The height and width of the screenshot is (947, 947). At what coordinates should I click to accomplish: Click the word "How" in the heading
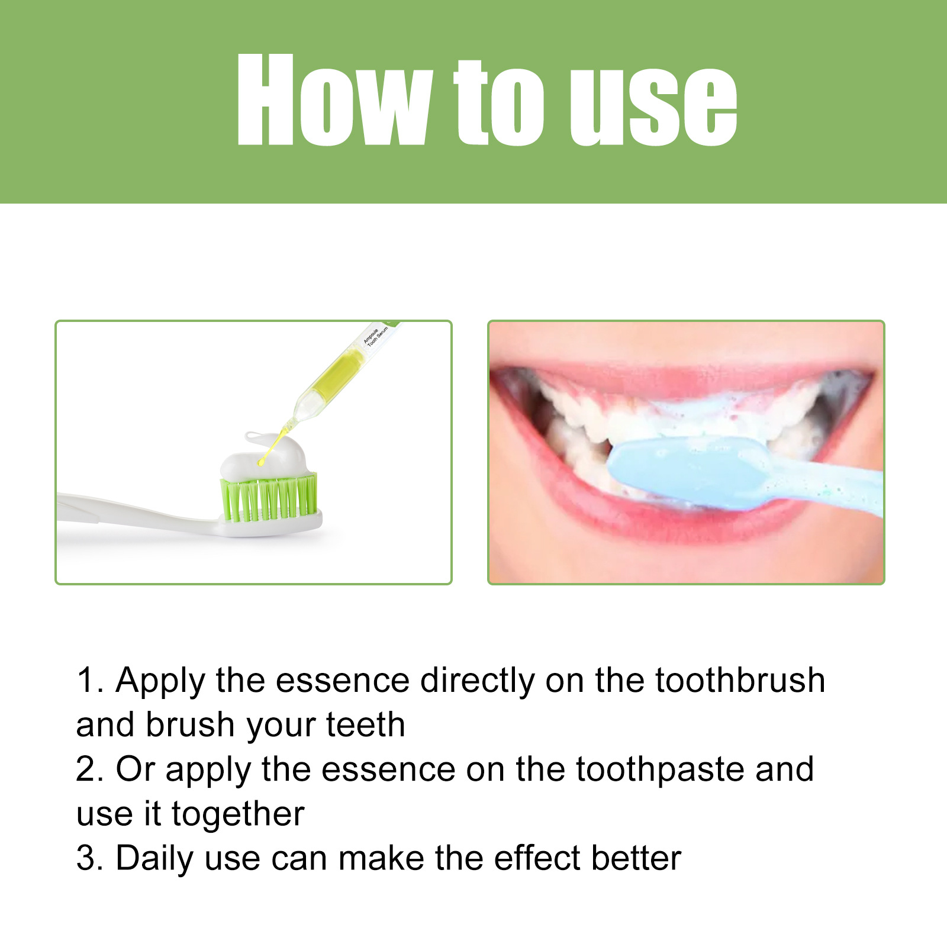tap(333, 101)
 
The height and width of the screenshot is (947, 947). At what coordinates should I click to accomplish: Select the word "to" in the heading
tap(498, 104)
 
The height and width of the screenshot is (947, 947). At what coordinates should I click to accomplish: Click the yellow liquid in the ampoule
tap(339, 372)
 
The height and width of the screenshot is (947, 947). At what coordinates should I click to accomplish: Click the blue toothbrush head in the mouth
tap(687, 471)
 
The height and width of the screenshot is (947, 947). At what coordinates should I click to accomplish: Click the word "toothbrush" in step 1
tap(740, 680)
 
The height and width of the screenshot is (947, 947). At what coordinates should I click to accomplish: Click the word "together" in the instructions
tap(238, 814)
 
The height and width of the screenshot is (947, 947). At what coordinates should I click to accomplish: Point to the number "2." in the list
tap(90, 769)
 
